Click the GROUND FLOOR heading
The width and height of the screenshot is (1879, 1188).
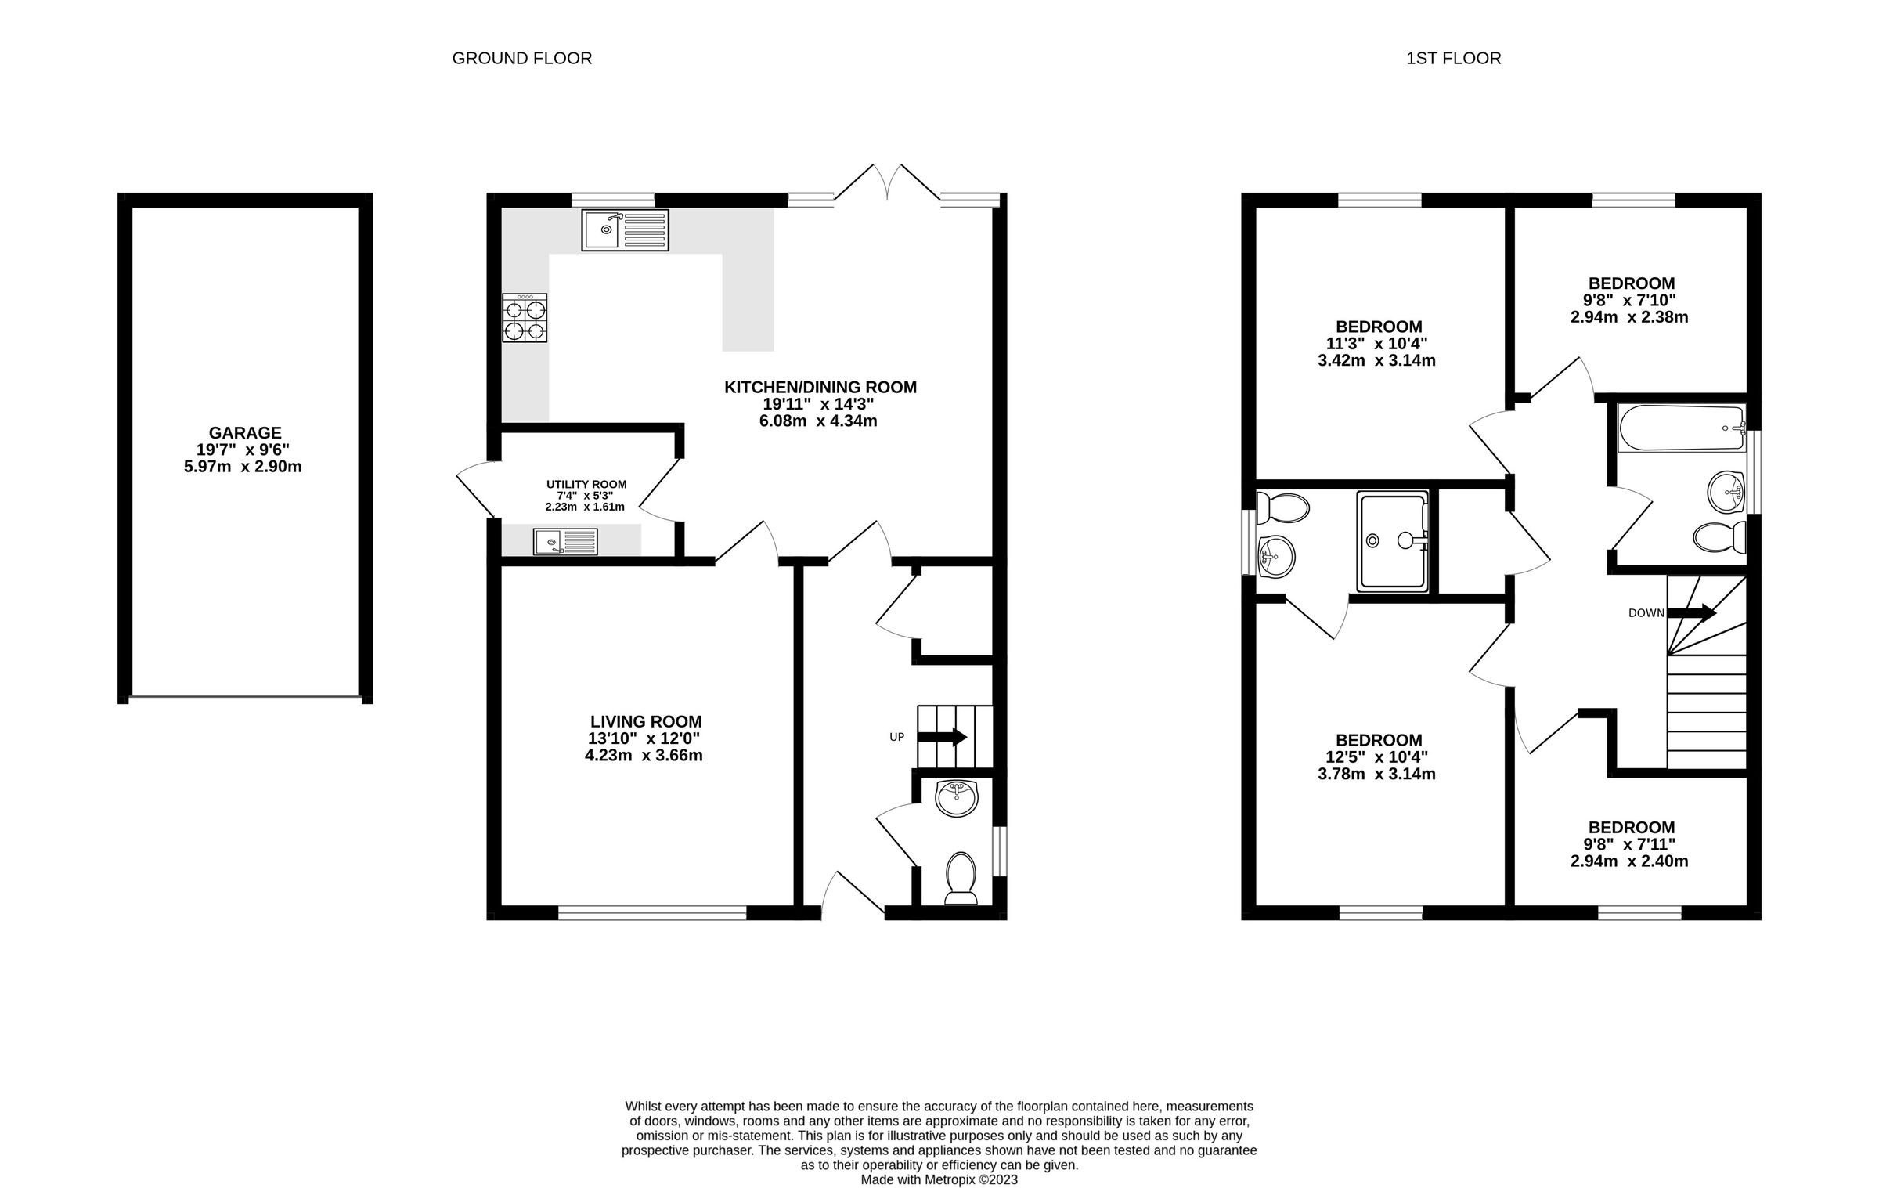[521, 59]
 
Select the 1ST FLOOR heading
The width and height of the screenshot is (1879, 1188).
[1453, 59]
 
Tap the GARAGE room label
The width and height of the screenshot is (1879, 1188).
[245, 432]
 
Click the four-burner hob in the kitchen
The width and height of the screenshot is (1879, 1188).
[525, 318]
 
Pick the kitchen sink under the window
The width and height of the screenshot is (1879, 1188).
[625, 229]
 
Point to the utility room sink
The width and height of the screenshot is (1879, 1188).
[565, 541]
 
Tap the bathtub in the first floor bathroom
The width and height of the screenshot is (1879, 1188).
[1681, 428]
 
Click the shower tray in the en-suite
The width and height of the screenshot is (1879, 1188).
[1393, 540]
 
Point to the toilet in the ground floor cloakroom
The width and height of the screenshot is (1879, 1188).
[961, 877]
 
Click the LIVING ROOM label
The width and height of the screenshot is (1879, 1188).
[646, 721]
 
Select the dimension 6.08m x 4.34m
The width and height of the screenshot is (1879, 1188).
[820, 421]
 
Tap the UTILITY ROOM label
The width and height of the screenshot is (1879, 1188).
[586, 485]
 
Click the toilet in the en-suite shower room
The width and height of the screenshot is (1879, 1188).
[1284, 509]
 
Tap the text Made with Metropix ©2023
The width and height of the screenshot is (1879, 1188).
[939, 1179]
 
